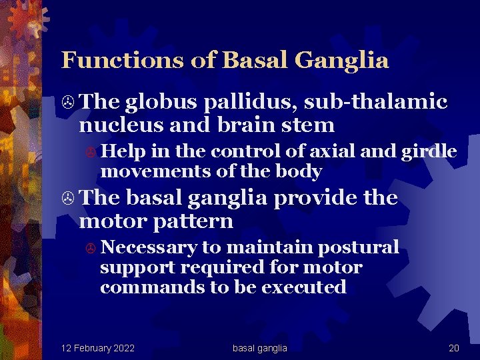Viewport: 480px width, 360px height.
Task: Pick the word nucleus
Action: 117,125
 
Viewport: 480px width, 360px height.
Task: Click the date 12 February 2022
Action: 98,348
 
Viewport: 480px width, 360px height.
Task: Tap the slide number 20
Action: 454,348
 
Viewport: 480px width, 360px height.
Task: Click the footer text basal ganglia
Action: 260,348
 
